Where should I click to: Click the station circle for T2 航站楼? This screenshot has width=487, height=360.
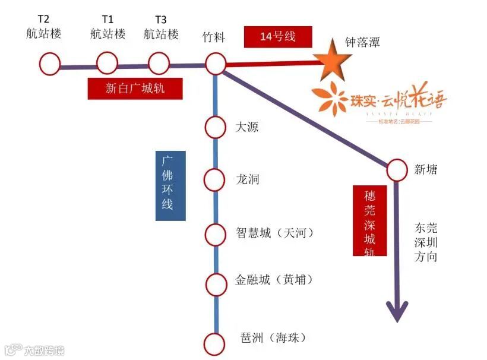point(50,62)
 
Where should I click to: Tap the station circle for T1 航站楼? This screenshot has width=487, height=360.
point(107,62)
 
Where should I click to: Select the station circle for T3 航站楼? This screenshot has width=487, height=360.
point(159,62)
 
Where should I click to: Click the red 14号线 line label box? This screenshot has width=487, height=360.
point(278,37)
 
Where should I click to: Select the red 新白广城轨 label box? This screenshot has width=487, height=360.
point(135,89)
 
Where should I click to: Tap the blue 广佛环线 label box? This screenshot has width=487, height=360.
point(170,186)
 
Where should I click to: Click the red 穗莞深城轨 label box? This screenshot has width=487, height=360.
point(369,221)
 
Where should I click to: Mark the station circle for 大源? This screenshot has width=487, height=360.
point(215,127)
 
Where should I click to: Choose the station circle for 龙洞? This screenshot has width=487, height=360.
point(215,178)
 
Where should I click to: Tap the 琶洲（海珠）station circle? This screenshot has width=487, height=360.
point(215,343)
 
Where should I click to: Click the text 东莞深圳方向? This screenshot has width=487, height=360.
point(426,242)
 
